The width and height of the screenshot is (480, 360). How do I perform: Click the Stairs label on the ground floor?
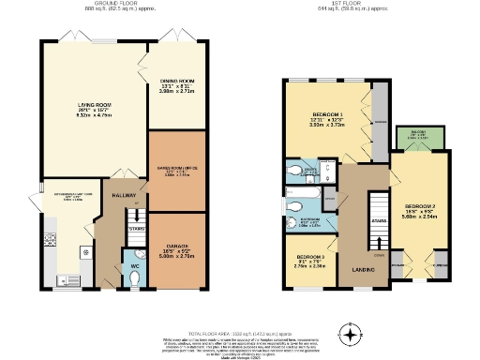135,228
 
